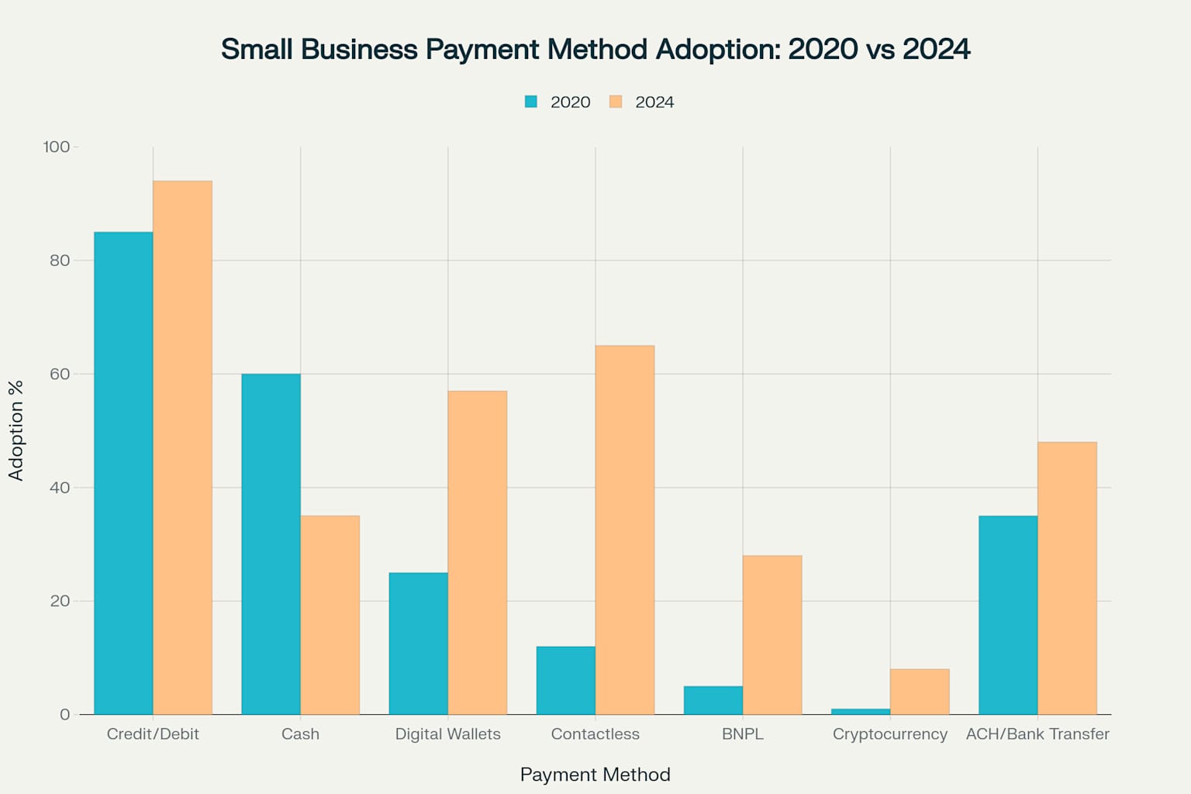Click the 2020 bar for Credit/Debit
(123, 473)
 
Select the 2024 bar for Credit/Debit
(182, 447)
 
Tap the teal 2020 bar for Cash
(271, 544)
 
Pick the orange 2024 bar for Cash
(330, 615)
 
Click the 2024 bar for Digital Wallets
(477, 552)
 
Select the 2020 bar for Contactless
(565, 680)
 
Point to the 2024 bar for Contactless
(624, 530)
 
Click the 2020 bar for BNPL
(713, 700)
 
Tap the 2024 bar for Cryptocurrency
(919, 692)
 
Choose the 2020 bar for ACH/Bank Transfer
(1007, 615)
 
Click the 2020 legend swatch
(531, 102)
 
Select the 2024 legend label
(654, 102)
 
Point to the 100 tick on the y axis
(57, 147)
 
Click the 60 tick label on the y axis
(60, 374)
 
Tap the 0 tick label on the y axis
(64, 714)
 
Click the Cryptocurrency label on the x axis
(889, 734)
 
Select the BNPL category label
(742, 734)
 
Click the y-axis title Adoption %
(16, 430)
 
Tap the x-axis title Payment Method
(595, 774)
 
